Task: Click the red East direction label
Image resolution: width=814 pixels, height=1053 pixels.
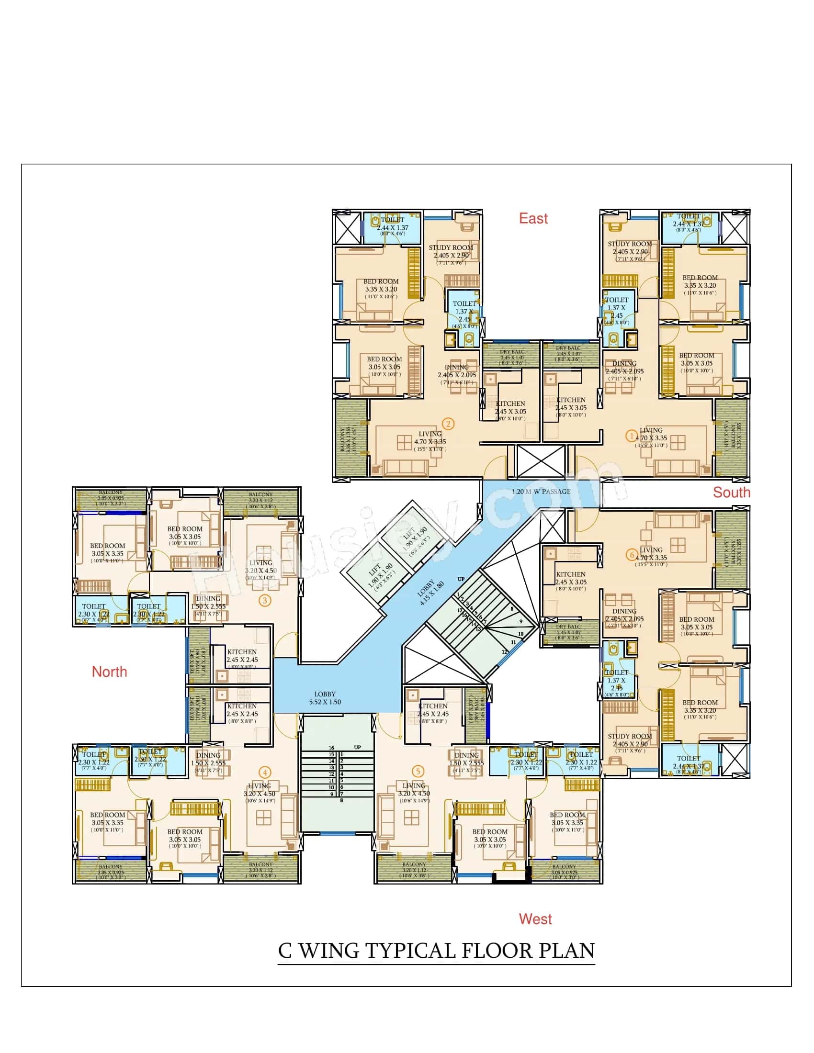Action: [x=533, y=218]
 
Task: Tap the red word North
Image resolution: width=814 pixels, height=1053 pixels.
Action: [x=110, y=672]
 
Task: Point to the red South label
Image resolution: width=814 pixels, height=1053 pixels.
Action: [x=732, y=492]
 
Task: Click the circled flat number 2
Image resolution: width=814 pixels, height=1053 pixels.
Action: [x=448, y=424]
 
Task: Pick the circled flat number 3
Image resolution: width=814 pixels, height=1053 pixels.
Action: [x=264, y=600]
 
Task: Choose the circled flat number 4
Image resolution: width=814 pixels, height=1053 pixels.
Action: [x=264, y=773]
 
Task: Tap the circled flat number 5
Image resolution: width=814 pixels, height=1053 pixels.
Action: [x=418, y=771]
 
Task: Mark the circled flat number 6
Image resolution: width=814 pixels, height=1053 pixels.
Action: [x=632, y=554]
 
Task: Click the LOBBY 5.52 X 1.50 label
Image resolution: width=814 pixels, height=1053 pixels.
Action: [x=325, y=698]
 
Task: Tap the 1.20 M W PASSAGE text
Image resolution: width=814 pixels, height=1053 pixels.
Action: [x=541, y=492]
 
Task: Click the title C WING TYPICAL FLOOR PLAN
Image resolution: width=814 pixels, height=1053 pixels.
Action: [x=436, y=950]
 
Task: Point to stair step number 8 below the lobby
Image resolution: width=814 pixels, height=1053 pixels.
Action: [x=341, y=800]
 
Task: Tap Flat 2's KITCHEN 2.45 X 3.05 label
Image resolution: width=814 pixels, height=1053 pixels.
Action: [x=510, y=407]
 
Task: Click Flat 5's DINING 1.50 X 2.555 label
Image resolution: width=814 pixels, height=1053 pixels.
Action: [x=466, y=759]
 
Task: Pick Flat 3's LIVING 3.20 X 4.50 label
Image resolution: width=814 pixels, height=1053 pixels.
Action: [x=260, y=567]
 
